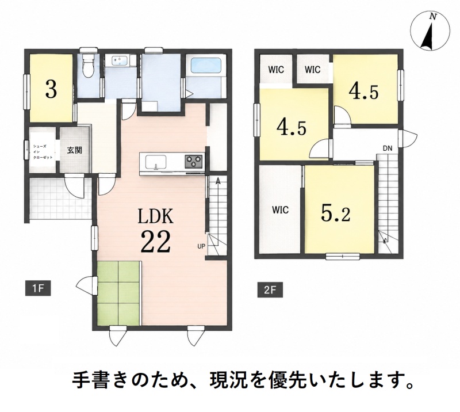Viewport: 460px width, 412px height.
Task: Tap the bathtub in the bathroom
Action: pos(206,65)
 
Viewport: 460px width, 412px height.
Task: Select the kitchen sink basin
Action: pos(156,162)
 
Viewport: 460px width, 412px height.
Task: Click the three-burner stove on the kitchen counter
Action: pos(194,161)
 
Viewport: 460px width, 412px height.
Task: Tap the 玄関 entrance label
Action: pos(75,150)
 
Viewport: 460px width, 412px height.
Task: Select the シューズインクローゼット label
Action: pos(43,151)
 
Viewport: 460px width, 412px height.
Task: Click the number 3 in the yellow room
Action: pos(51,90)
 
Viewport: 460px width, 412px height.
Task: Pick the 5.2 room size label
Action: pos(336,213)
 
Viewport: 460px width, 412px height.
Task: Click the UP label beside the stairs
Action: pos(201,246)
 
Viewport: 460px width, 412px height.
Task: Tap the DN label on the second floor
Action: pos(388,148)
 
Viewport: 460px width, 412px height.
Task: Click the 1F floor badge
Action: pos(38,288)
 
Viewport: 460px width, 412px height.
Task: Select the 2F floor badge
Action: pos(270,290)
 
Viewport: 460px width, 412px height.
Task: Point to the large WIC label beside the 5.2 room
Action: pos(280,210)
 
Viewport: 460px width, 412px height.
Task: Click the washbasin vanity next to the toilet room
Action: pos(121,61)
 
